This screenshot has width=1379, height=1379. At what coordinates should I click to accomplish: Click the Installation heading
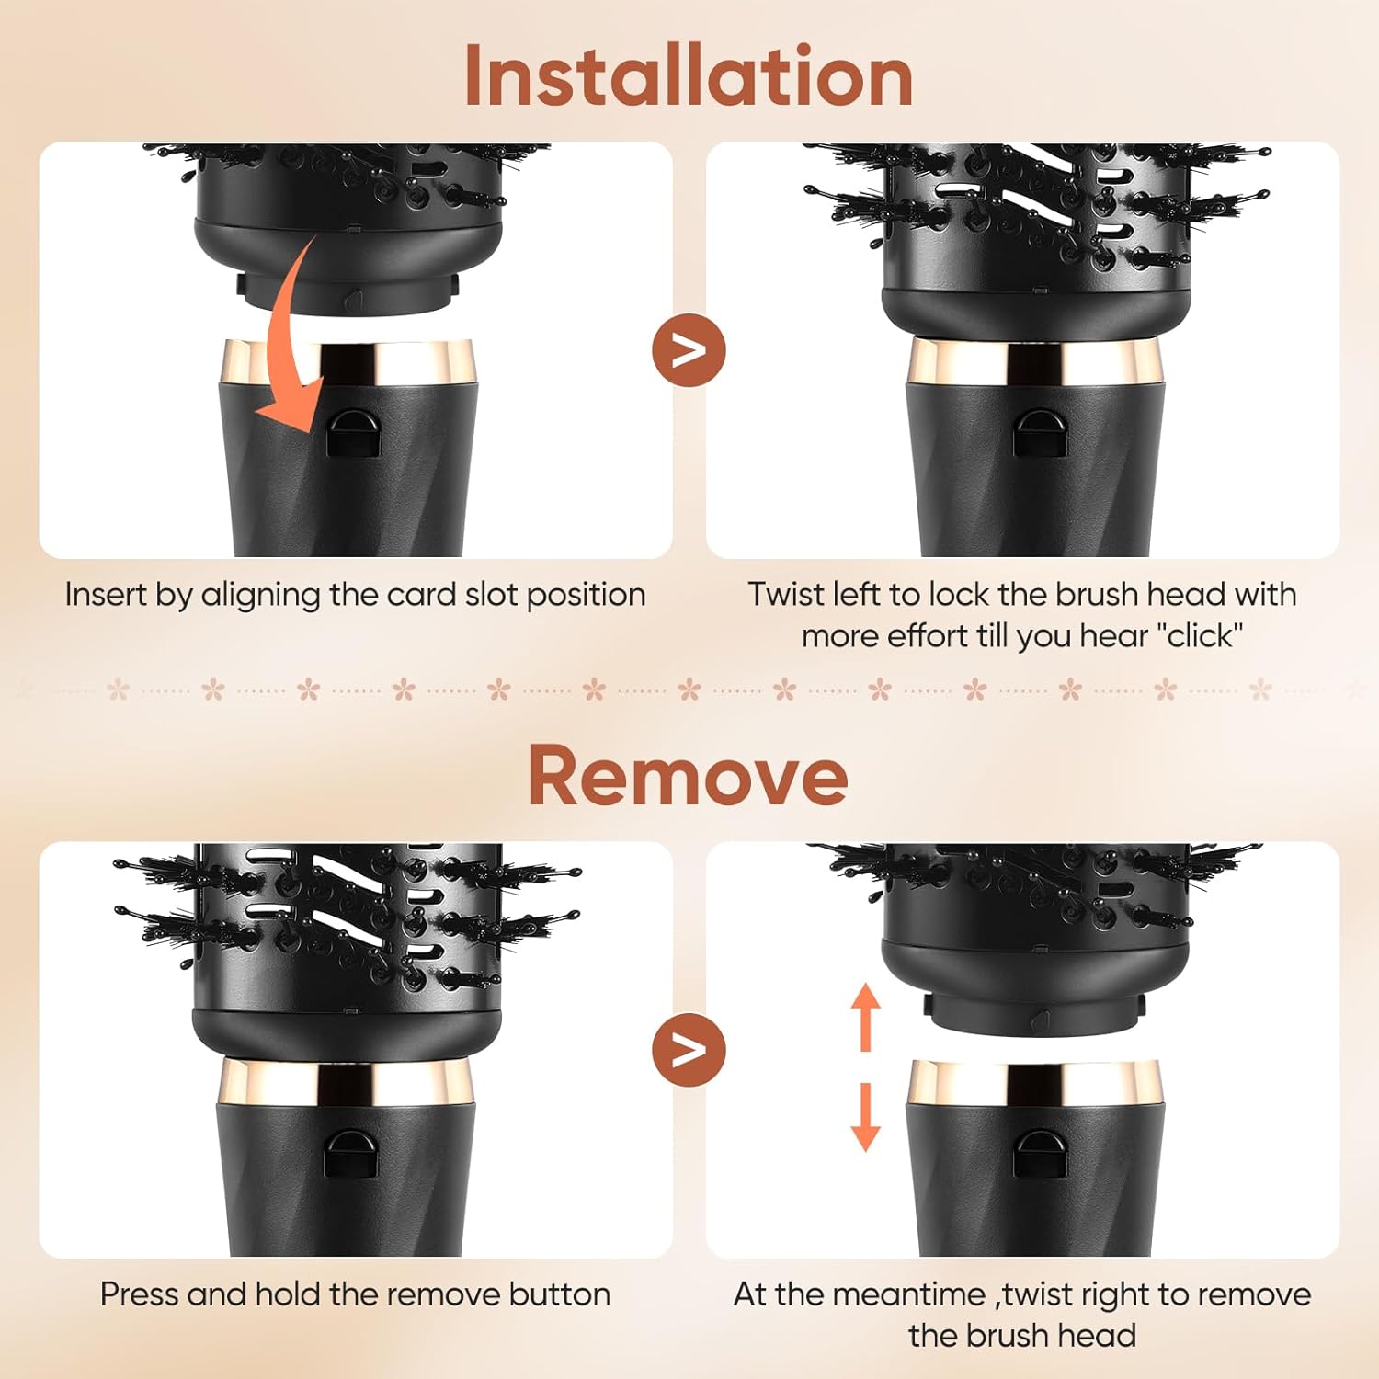click(689, 75)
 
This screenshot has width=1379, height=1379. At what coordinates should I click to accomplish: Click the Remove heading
click(688, 775)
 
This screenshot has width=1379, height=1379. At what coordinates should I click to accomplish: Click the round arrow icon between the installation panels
click(689, 350)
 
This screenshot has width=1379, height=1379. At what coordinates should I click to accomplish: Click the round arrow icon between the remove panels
click(689, 1049)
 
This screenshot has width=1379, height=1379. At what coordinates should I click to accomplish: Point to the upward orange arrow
click(865, 1018)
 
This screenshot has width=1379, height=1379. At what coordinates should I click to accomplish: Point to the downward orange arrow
click(865, 1117)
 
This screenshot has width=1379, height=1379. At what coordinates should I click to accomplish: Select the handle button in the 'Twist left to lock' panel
click(1041, 431)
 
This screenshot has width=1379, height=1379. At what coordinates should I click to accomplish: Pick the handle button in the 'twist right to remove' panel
click(1041, 1152)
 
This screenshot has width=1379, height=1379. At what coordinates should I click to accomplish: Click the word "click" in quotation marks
click(1201, 635)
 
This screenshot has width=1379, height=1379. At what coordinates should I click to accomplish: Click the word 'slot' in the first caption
click(492, 595)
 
